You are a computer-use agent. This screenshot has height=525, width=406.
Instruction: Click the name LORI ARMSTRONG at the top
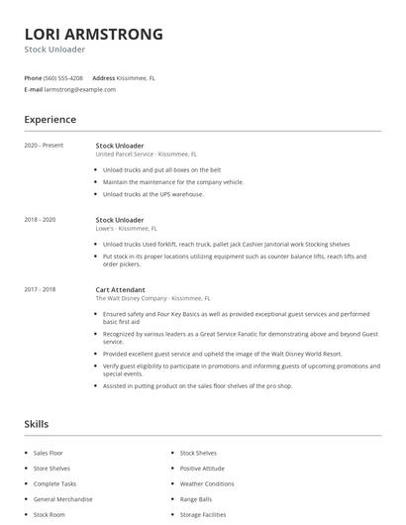pos(94,35)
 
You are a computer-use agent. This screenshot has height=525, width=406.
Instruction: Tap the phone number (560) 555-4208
pos(64,77)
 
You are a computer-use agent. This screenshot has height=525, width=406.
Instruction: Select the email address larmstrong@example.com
pos(80,89)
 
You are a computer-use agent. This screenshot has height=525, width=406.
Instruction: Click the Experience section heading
pos(51,120)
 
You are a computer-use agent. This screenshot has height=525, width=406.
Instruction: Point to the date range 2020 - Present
pos(44,146)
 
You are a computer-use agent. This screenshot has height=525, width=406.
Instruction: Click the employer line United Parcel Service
pos(146,155)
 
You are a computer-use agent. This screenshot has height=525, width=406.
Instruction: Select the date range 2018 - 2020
pos(41,219)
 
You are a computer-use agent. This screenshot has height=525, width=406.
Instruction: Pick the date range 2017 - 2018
pos(41,289)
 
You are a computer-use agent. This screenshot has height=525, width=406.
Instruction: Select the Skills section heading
pos(37,424)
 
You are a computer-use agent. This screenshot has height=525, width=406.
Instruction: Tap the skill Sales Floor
pos(49,453)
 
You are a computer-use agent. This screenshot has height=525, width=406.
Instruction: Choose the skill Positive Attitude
pos(202,468)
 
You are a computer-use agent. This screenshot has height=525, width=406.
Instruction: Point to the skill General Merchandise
pos(63,499)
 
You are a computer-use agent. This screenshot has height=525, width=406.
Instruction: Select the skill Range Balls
pos(196,499)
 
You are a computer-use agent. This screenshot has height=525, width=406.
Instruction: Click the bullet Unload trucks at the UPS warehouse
pos(152,194)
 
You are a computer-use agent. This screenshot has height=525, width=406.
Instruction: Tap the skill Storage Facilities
pos(203,515)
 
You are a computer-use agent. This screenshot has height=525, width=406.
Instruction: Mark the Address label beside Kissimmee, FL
pos(104,77)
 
